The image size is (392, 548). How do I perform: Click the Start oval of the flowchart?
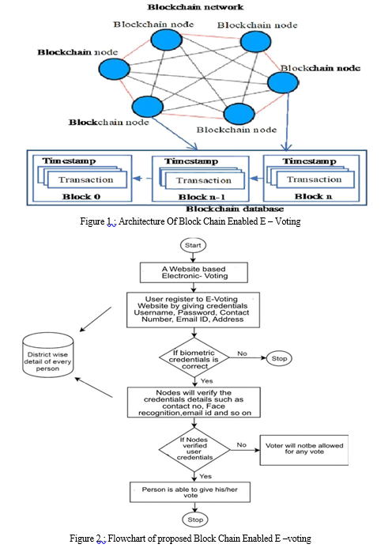[x=193, y=245]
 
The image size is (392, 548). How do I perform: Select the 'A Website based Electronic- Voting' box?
[x=194, y=273]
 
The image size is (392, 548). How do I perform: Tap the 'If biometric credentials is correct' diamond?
[x=194, y=357]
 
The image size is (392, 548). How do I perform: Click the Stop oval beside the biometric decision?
[x=279, y=358]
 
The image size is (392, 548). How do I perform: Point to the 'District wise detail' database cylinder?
[x=48, y=355]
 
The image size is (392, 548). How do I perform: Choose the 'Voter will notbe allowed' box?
[x=304, y=450]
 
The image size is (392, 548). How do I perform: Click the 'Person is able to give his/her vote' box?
[x=190, y=492]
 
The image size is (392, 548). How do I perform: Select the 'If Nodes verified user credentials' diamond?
[x=194, y=449]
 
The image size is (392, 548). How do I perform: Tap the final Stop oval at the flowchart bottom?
[x=195, y=520]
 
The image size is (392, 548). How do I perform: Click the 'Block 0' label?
[x=81, y=196]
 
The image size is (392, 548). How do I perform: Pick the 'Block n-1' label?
[x=202, y=197]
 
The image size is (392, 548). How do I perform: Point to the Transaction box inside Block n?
[x=315, y=180]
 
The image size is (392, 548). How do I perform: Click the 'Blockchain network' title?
[x=195, y=7]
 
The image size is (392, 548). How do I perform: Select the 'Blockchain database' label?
[x=235, y=209]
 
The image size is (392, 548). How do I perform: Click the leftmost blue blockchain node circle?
[x=115, y=69]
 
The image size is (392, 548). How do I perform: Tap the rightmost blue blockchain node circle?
[x=283, y=82]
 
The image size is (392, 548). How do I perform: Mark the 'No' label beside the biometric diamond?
[x=242, y=353]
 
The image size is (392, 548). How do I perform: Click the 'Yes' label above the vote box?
[x=205, y=476]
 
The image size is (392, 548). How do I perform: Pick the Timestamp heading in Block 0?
[x=69, y=161]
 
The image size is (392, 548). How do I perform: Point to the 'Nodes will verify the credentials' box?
[x=194, y=402]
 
